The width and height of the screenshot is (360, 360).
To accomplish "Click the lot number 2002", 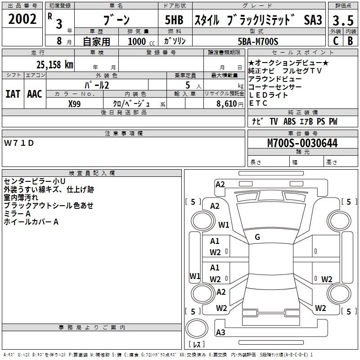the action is [22, 19].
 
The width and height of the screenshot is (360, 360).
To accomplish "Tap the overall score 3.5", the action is [343, 20].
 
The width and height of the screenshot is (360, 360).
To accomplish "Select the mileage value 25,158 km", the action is [54, 64].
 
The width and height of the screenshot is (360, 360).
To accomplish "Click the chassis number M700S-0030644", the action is [302, 143].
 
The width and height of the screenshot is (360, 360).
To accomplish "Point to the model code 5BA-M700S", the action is [258, 41].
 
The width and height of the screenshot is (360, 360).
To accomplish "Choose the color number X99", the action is [74, 104].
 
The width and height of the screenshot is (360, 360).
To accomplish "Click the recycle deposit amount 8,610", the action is [227, 103].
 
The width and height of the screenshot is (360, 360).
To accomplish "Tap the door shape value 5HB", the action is [174, 20].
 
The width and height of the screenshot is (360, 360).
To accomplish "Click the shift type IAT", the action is [13, 94].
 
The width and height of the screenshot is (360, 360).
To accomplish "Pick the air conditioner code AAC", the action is [35, 94].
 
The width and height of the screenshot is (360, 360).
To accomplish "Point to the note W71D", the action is [19, 143].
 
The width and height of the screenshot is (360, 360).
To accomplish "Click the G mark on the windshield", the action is [257, 237].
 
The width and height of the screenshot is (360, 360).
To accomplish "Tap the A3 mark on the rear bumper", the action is [220, 332].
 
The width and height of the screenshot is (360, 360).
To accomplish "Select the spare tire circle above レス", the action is [197, 328].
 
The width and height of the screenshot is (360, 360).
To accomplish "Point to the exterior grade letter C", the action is [336, 41].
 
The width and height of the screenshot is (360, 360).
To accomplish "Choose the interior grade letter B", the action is [350, 41].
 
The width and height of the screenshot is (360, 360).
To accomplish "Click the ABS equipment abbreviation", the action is [289, 121].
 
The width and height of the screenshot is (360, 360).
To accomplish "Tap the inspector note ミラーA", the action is [17, 214].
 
